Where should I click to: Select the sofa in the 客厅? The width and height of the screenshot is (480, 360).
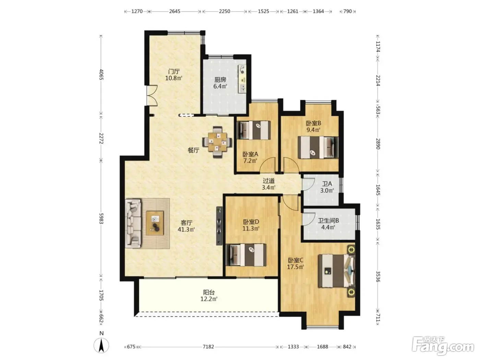click(x=133, y=224)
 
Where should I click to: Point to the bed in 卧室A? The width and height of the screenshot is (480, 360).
click(x=254, y=130)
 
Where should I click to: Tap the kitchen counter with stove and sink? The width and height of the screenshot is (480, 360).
click(x=242, y=79)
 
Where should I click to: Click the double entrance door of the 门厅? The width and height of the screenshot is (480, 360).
click(x=152, y=96)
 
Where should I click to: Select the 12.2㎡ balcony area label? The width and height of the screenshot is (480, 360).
click(x=209, y=296)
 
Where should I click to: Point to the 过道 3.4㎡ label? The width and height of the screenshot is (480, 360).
click(x=268, y=184)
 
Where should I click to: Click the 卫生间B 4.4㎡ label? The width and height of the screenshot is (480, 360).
click(x=328, y=224)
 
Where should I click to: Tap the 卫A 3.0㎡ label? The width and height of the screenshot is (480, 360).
click(x=327, y=187)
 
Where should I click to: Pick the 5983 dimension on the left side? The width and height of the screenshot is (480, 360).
click(x=101, y=218)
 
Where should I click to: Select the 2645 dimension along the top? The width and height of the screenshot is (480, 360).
click(x=175, y=11)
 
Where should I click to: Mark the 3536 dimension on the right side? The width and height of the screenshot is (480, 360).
click(x=378, y=276)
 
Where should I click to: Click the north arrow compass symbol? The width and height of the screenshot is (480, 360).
click(x=101, y=345)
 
